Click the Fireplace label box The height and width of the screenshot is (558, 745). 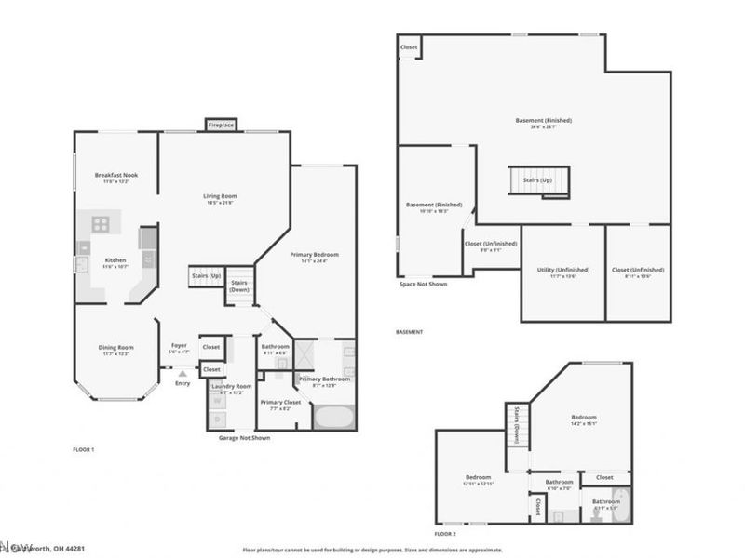[221, 124]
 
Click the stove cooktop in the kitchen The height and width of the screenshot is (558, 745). [101, 223]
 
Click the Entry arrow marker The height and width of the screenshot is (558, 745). [183, 374]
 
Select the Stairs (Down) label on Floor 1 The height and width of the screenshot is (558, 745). [239, 286]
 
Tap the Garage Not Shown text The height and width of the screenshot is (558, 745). [245, 437]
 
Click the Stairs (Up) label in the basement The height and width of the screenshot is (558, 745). [537, 179]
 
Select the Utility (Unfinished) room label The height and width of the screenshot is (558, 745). [562, 272]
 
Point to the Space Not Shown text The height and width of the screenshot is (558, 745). [423, 284]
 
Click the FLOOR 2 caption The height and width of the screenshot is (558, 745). [445, 534]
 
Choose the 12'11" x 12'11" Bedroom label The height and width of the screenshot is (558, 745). [478, 480]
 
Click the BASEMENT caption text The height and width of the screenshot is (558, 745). [410, 332]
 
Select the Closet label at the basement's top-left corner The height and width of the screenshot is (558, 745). [409, 46]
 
